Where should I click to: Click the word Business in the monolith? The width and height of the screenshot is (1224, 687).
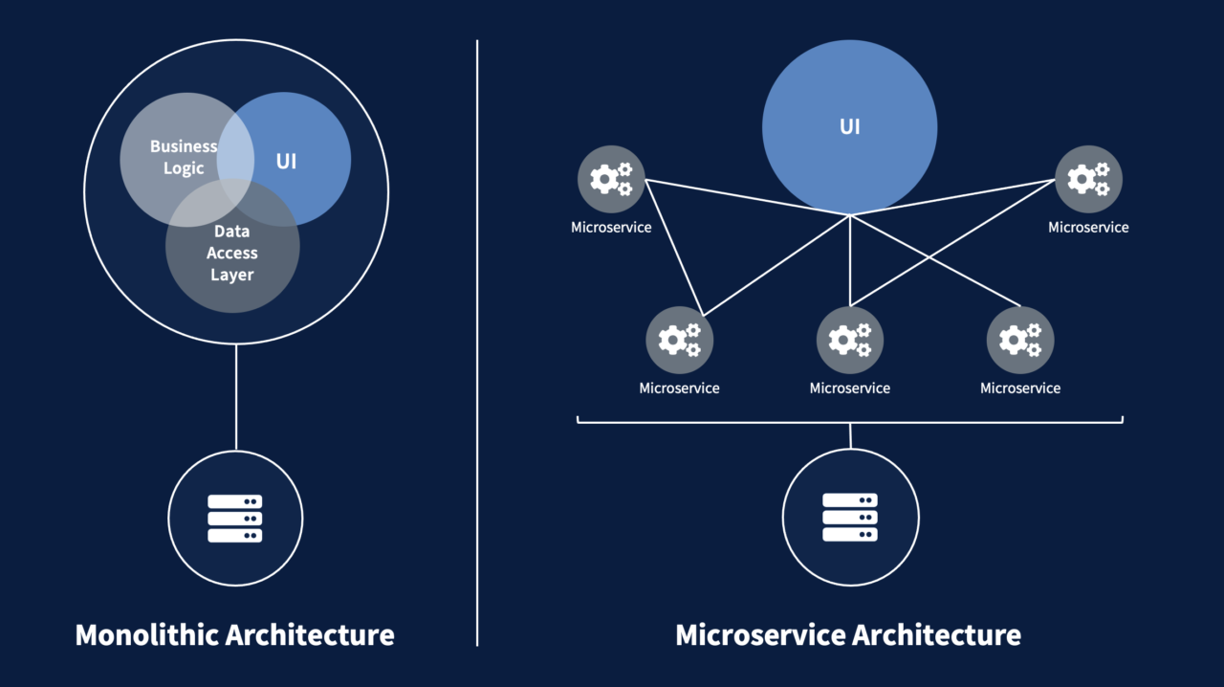tap(184, 146)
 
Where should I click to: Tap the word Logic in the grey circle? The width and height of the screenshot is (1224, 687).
tap(184, 168)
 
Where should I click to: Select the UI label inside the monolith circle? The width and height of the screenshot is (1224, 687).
tap(286, 161)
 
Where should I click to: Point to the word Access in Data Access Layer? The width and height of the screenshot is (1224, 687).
tap(232, 253)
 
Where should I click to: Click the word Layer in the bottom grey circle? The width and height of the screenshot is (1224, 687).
tap(232, 275)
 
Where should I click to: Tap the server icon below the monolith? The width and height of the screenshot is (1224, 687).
tap(235, 519)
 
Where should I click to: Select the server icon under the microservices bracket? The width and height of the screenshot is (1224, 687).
tap(850, 518)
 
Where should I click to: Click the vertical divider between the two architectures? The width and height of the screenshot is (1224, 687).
tap(477, 383)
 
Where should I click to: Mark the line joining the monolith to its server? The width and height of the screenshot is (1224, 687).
tap(235, 397)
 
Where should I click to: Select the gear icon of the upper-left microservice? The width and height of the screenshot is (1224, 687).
tap(611, 179)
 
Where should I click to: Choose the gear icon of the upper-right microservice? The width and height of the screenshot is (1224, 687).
tap(1088, 179)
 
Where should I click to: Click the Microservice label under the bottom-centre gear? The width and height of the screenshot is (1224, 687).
tap(850, 388)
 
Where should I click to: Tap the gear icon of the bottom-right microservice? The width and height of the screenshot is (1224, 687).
tap(1020, 340)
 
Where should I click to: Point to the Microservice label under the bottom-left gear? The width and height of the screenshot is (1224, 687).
tap(680, 388)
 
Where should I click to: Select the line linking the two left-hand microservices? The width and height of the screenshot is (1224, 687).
tap(674, 247)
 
